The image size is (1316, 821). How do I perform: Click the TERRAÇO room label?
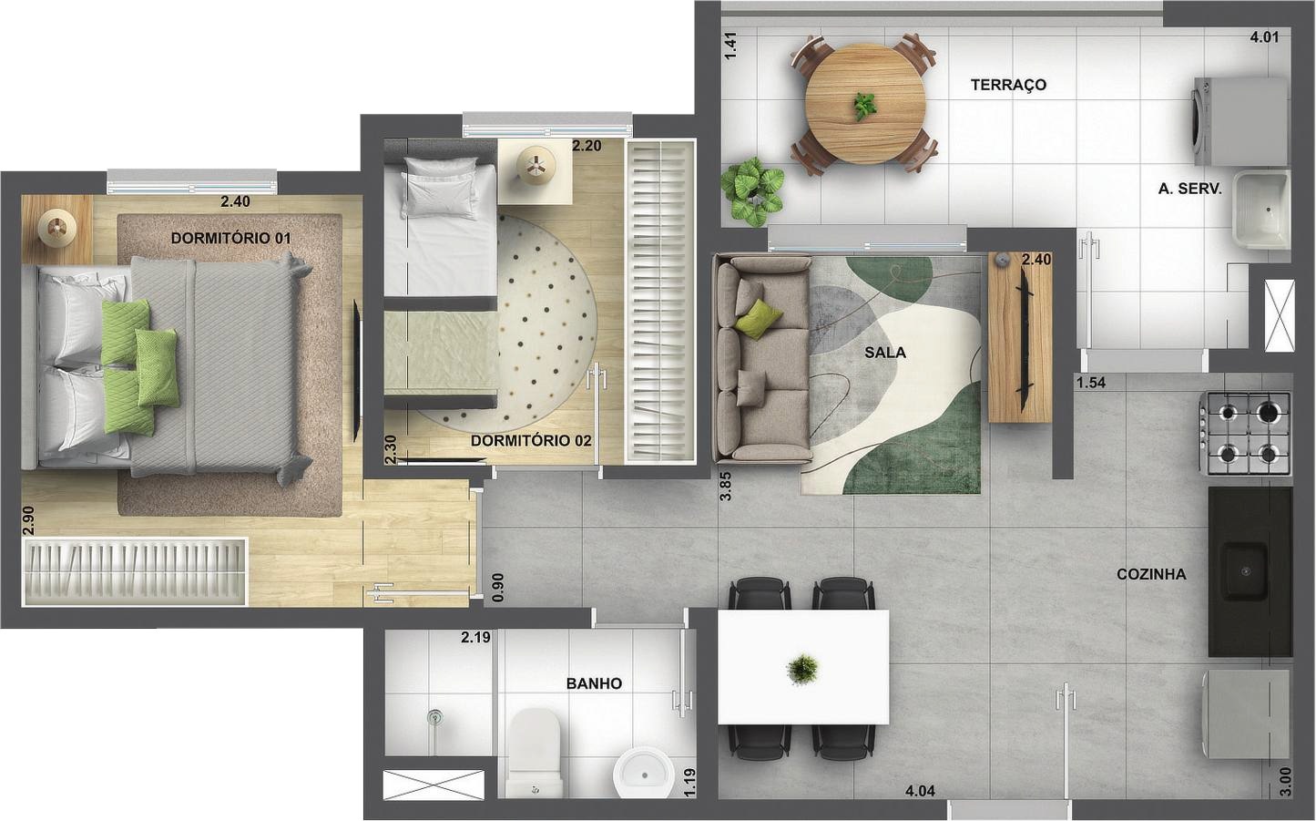(x=1008, y=86)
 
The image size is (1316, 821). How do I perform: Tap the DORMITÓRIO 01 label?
(x=231, y=238)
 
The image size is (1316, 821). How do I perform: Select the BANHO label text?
(x=594, y=683)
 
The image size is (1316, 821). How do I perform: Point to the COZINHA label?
(x=1151, y=574)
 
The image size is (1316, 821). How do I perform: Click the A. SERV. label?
(x=1190, y=189)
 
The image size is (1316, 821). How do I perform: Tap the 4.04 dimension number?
(x=920, y=791)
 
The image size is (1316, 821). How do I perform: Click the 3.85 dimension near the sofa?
(x=726, y=486)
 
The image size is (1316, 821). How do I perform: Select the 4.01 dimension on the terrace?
(x=1264, y=37)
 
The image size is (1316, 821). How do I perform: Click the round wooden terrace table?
(x=865, y=105)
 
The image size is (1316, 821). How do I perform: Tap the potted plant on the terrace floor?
(x=752, y=191)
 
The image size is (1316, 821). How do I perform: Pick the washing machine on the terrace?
(x=1239, y=121)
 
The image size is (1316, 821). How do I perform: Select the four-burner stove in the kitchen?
(x=1245, y=433)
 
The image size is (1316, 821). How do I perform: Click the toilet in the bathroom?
(x=534, y=753)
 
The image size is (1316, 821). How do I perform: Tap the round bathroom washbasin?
(x=644, y=774)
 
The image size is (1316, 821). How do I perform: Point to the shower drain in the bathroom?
(x=434, y=716)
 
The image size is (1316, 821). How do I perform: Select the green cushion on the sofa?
(x=759, y=319)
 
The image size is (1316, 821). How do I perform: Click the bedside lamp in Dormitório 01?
(x=57, y=228)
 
